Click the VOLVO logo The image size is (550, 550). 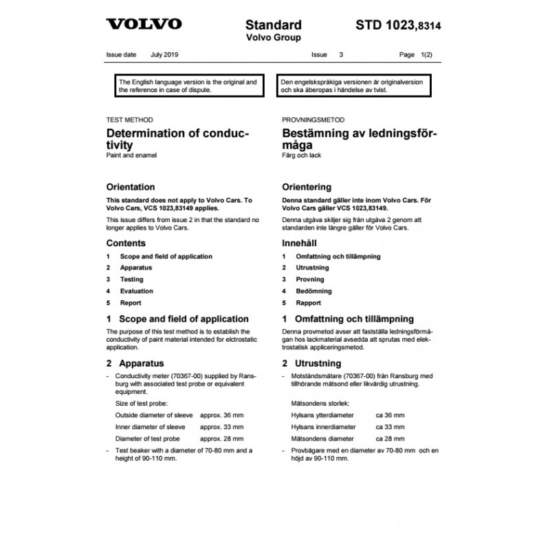[x=144, y=25]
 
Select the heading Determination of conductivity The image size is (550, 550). [x=177, y=140]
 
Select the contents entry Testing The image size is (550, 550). [x=132, y=280]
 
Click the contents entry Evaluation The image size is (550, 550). [x=136, y=291]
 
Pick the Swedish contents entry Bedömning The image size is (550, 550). [x=313, y=291]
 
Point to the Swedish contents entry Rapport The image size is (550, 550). [x=309, y=303]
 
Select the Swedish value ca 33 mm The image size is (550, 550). [x=390, y=427]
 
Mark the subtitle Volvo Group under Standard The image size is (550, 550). [x=273, y=38]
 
